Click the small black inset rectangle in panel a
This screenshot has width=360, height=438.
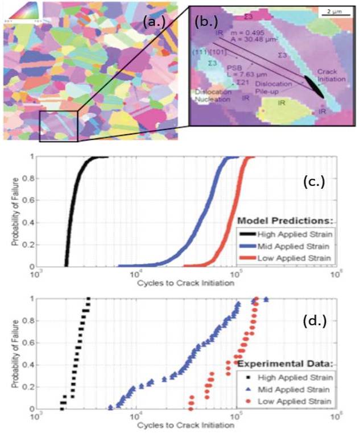click(59, 126)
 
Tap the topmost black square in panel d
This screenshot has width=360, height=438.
click(88, 299)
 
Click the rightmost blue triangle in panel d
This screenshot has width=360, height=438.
click(266, 299)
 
